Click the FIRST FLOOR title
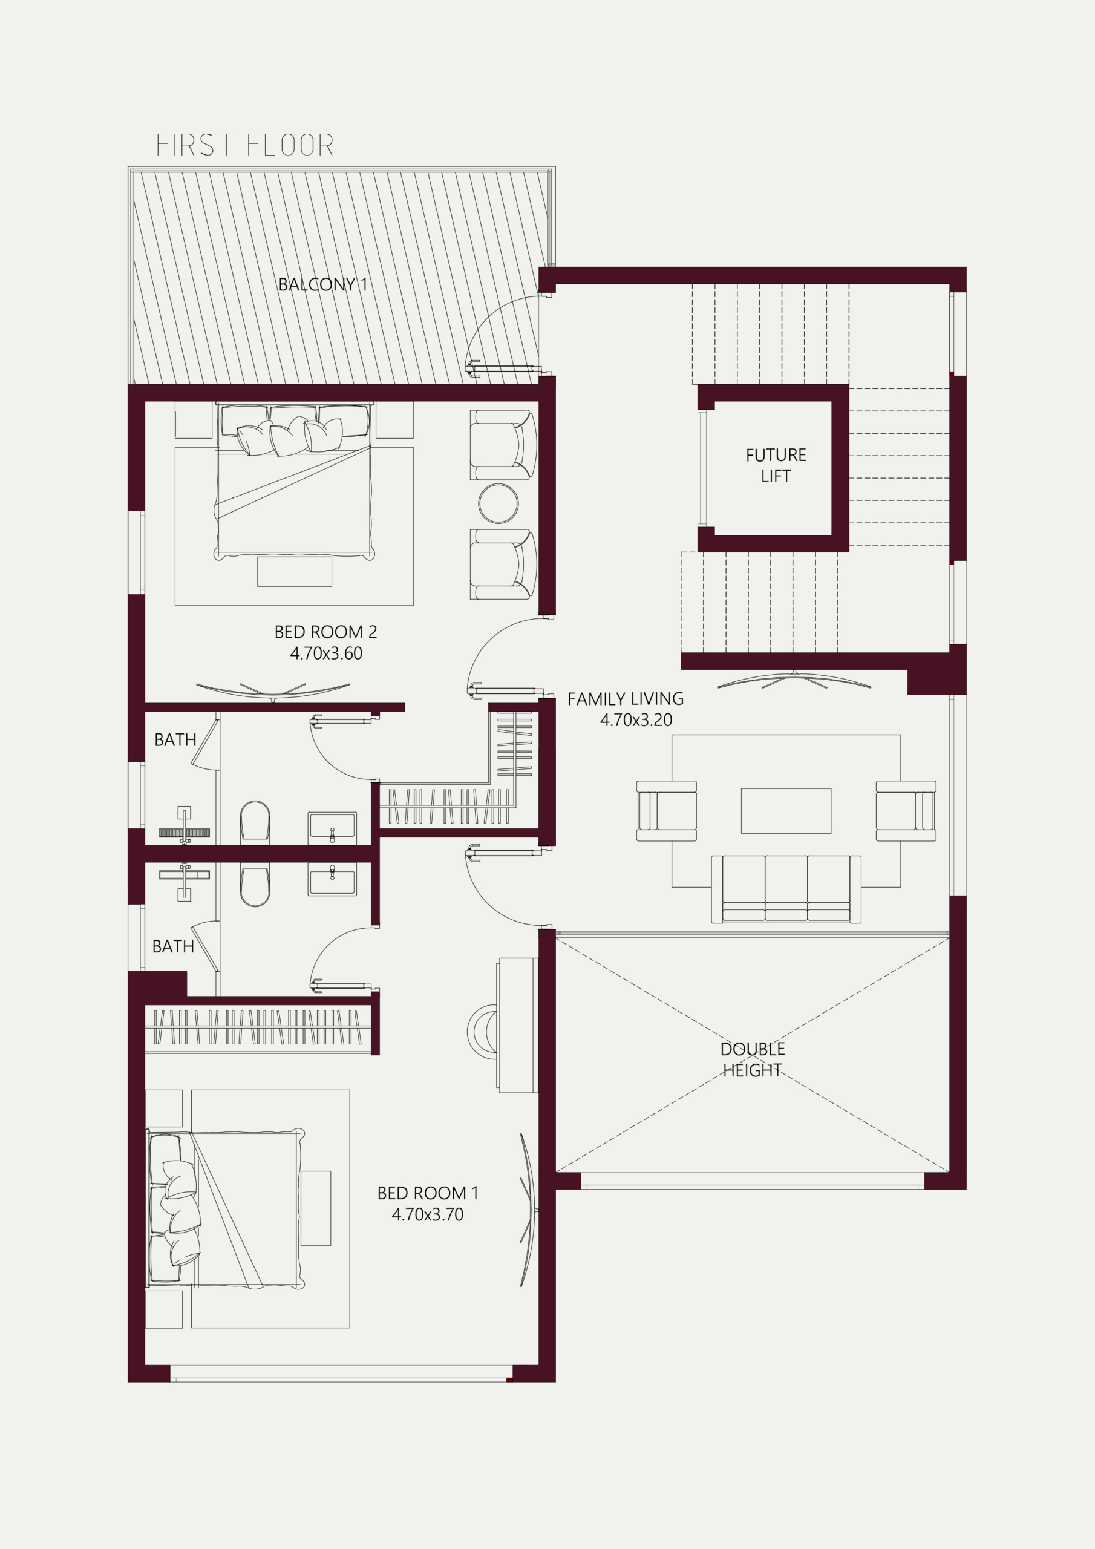[x=245, y=145]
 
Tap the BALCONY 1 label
[x=323, y=284]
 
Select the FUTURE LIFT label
[x=776, y=465]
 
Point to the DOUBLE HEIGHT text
[x=752, y=1060]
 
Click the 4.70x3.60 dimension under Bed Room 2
[x=326, y=653]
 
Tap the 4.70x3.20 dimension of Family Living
[x=636, y=720]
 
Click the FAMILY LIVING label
[x=626, y=699]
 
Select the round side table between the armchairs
[x=498, y=503]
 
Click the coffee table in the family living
[x=786, y=811]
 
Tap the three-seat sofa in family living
[x=786, y=889]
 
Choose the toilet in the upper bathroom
[x=255, y=821]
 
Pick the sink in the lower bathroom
[x=332, y=879]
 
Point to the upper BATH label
[x=175, y=740]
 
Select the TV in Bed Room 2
[x=273, y=692]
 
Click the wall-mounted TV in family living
[x=794, y=680]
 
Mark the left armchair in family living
[x=667, y=811]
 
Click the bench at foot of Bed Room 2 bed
[x=294, y=571]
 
